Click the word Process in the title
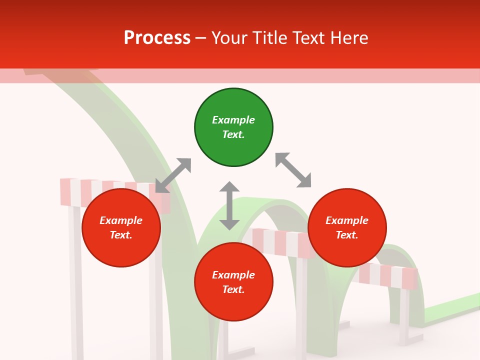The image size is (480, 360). pyautogui.click(x=157, y=38)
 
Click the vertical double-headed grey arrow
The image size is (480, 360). pyautogui.click(x=229, y=205)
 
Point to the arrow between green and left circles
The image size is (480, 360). pyautogui.click(x=173, y=175)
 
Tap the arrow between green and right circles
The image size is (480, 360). pyautogui.click(x=293, y=170)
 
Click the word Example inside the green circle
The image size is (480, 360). pyautogui.click(x=233, y=120)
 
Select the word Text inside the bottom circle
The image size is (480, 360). pyautogui.click(x=233, y=289)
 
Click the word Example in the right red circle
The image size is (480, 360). pyautogui.click(x=347, y=220)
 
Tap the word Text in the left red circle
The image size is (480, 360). pyautogui.click(x=121, y=235)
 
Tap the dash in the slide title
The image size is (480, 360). pyautogui.click(x=201, y=38)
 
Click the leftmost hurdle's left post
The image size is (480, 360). pyautogui.click(x=76, y=280)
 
